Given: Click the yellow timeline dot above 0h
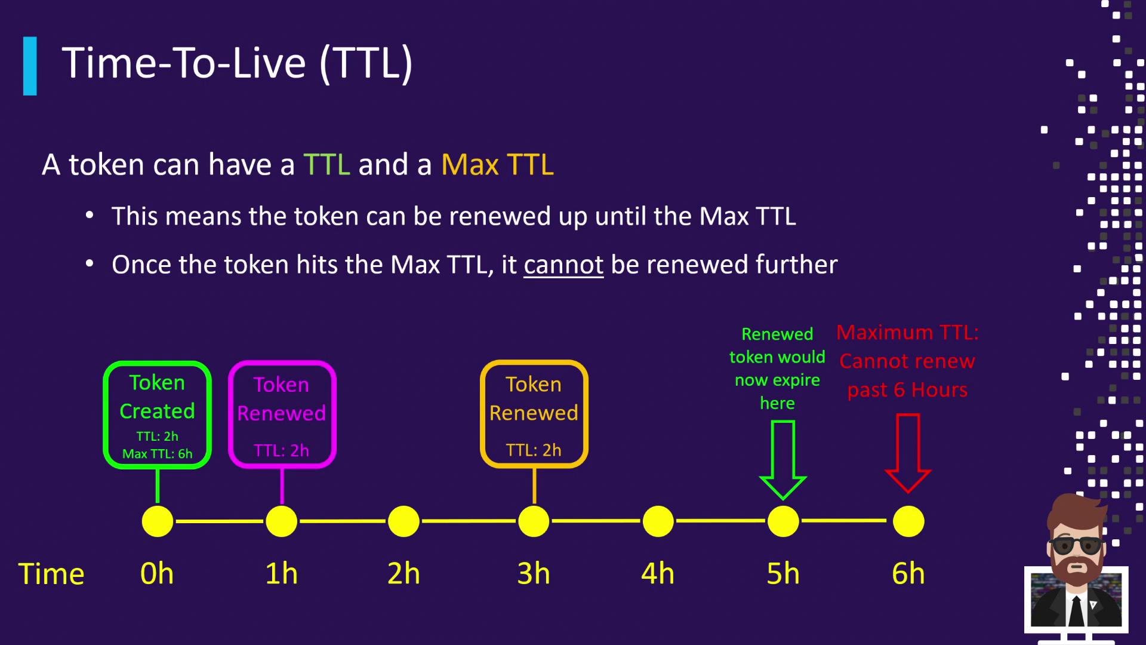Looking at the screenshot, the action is (x=158, y=521).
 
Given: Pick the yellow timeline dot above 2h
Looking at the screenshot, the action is (x=403, y=521).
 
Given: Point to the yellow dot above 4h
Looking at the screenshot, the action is (x=658, y=521).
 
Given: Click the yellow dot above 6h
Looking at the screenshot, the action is (x=908, y=521).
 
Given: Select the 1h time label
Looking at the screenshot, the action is (x=281, y=573).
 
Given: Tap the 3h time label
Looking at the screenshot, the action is (x=534, y=573).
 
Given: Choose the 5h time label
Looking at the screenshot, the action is (x=783, y=573).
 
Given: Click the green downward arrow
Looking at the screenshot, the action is (x=783, y=460).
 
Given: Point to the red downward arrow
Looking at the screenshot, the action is (x=908, y=454).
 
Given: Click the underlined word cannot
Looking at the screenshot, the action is (x=563, y=265).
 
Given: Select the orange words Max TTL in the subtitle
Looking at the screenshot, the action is (x=497, y=164).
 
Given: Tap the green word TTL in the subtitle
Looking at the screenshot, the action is (x=326, y=164).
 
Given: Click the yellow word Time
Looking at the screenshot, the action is (x=51, y=574).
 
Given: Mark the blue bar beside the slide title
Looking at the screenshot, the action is (x=30, y=66).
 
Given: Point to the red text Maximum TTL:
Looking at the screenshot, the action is (x=907, y=333).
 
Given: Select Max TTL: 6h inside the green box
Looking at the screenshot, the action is (x=158, y=454).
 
